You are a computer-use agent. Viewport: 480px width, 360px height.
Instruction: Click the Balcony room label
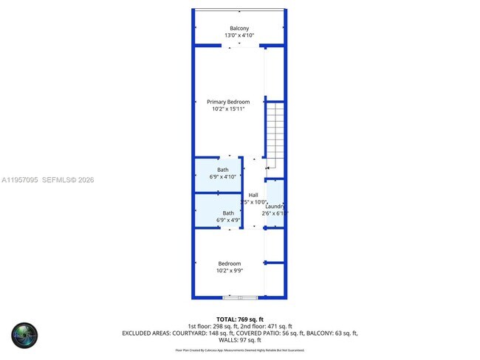[239, 29]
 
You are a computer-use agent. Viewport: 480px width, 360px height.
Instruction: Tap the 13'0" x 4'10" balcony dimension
[239, 35]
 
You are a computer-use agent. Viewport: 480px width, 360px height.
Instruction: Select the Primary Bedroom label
[228, 102]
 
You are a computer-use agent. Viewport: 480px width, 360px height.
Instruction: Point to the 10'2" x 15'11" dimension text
[228, 109]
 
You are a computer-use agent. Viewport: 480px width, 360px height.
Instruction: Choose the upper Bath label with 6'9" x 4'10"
[222, 170]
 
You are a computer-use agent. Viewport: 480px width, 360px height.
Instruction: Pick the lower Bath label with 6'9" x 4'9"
[228, 213]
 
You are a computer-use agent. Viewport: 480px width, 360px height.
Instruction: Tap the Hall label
[253, 195]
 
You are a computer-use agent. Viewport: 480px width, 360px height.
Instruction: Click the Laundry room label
[275, 207]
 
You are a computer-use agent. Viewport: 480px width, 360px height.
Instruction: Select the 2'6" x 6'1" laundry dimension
[275, 213]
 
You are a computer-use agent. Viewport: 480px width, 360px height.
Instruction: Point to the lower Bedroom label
[229, 263]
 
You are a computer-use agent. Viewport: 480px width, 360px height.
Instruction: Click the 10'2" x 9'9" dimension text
[229, 271]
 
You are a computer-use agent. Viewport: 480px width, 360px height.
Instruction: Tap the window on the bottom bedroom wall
[240, 297]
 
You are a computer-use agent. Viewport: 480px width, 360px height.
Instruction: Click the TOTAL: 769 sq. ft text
[239, 319]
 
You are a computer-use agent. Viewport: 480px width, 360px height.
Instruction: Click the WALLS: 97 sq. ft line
[239, 340]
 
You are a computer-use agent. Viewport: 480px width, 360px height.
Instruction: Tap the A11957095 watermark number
[21, 179]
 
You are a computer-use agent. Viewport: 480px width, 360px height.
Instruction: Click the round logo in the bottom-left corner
[24, 335]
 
